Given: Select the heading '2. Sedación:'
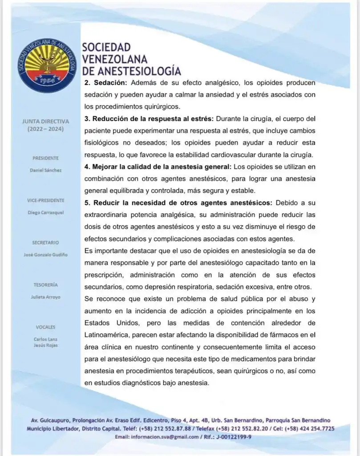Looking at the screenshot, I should coord(106,83).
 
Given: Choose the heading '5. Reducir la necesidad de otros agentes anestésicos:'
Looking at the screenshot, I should coord(178,203).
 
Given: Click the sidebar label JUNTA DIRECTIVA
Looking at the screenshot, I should coord(45,121).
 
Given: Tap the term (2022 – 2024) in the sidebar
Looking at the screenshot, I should coord(45,129).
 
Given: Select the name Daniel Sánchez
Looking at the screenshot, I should coord(45,170).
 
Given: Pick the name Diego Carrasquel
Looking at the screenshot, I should coord(45,212).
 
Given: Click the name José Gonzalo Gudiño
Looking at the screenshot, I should coord(45,255).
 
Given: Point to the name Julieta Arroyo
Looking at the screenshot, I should coord(45,297).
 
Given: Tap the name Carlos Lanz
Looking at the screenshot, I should coord(45,339).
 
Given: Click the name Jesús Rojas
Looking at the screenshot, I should coord(45,345).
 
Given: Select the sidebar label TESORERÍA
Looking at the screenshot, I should coord(45,285).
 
